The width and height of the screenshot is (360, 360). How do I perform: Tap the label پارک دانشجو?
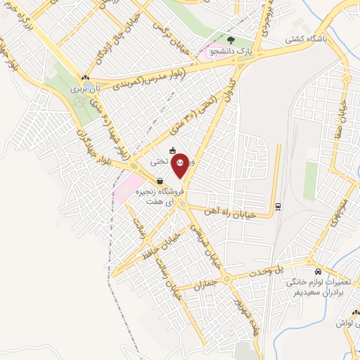click(x=252, y=52)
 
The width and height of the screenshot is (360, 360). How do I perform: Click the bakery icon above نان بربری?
click(x=85, y=78)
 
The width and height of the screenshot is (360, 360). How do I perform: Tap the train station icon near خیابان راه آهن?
click(x=277, y=206)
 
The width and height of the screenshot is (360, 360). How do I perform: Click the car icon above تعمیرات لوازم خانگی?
click(x=318, y=271)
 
